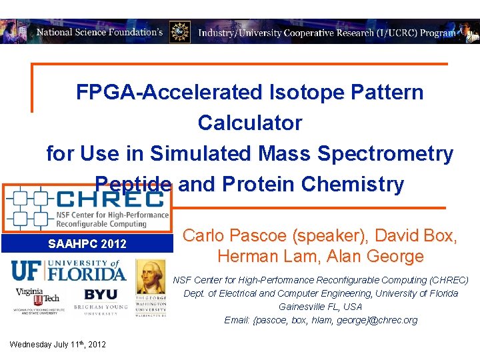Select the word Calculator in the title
pos(250,123)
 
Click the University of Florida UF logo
pos(67,270)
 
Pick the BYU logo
pos(100,295)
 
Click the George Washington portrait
pos(151,277)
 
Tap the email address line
pos(321,320)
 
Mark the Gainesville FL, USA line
pos(321,307)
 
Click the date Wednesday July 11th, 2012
pos(57,345)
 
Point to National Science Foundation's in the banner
pos(99,32)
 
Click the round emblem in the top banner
pos(179,31)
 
